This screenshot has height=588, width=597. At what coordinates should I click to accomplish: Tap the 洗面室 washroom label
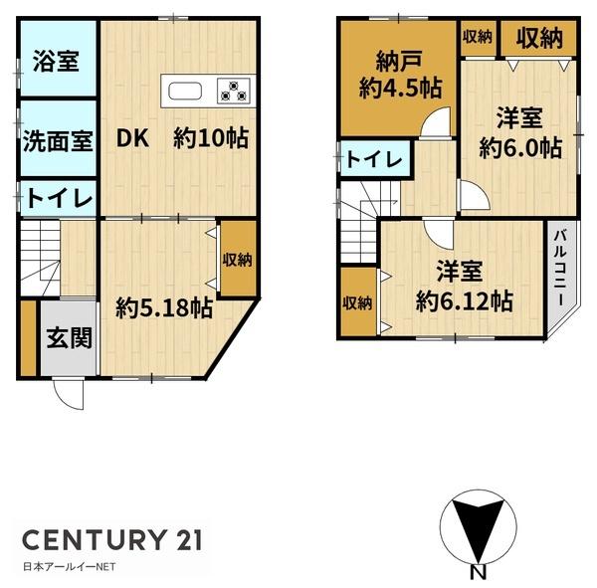click(58, 139)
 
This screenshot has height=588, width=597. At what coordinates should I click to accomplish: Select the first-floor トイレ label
click(58, 199)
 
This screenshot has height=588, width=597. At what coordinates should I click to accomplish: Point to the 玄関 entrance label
click(69, 338)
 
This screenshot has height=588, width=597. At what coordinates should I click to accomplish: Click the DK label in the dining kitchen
click(134, 138)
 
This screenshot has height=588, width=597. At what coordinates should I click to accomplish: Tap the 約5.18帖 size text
click(163, 308)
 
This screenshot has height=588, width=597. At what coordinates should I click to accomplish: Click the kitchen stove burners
click(235, 92)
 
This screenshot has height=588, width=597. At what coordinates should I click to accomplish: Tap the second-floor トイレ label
click(374, 160)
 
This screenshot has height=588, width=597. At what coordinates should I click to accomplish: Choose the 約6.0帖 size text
click(519, 148)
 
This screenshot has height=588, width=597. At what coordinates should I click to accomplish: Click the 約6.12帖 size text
click(464, 299)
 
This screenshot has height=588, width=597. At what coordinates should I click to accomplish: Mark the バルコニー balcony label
click(559, 266)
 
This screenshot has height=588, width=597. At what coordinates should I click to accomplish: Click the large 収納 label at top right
click(538, 39)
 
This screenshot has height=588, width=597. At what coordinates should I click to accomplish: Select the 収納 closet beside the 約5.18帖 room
click(237, 260)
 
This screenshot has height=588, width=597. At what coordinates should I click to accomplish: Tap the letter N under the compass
click(478, 572)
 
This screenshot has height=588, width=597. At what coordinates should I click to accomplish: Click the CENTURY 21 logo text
click(112, 540)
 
